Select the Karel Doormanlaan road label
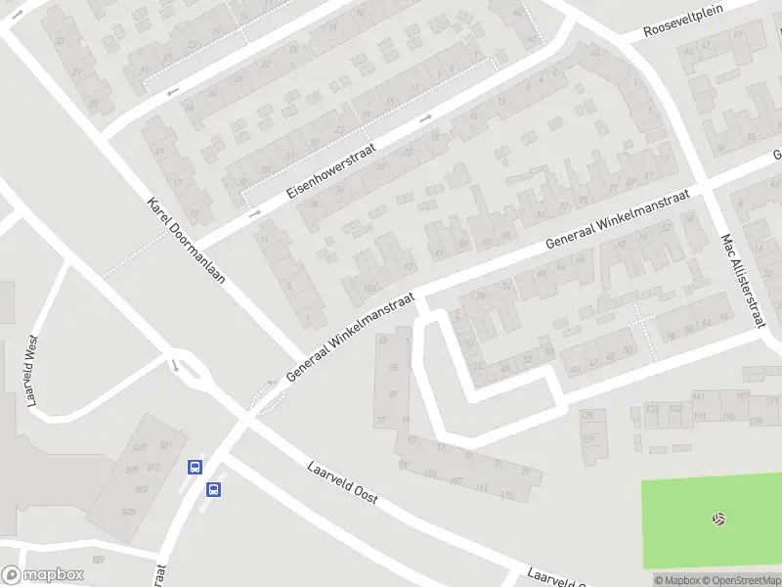(186, 241)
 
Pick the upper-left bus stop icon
(195, 468)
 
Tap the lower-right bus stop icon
(214, 489)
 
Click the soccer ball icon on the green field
(719, 519)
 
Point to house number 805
(127, 512)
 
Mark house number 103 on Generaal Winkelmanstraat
(369, 288)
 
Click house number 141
(698, 396)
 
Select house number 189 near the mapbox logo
(98, 560)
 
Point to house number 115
(506, 495)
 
